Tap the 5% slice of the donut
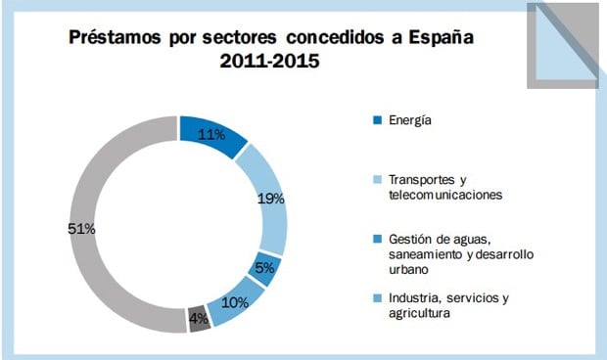pyautogui.click(x=264, y=268)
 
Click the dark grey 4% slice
pyautogui.click(x=199, y=319)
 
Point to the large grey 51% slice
pyautogui.click(x=98, y=225)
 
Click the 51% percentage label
pyautogui.click(x=81, y=229)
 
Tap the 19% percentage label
pyautogui.click(x=271, y=199)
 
